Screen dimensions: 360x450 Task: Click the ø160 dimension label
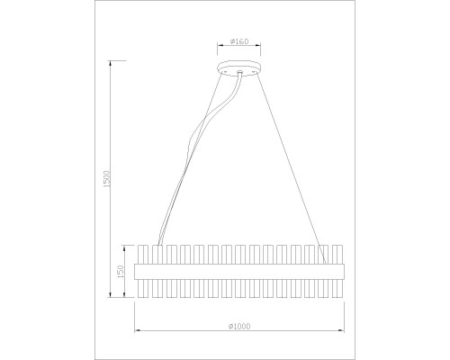[x=239, y=41]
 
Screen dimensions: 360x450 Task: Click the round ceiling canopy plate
[x=239, y=71]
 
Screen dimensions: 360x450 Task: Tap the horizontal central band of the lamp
[x=239, y=269]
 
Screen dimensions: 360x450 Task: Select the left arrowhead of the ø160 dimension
[x=219, y=47]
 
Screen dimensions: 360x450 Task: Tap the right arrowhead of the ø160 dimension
[x=260, y=47]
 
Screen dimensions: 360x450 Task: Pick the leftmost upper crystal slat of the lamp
[x=142, y=253]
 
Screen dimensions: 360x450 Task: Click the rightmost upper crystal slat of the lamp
[x=337, y=253]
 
